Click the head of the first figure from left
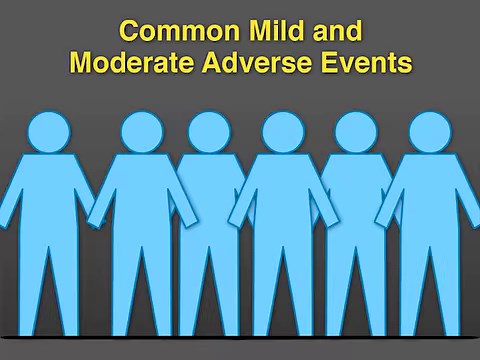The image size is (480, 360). [x=49, y=132]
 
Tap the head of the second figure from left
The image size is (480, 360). [x=142, y=132]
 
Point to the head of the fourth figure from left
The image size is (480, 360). [x=283, y=132]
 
